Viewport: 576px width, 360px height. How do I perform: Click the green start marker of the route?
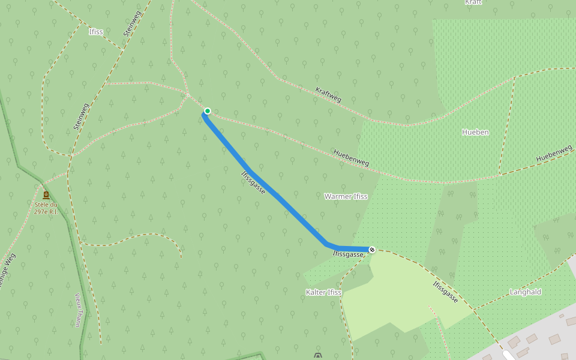[x=208, y=111]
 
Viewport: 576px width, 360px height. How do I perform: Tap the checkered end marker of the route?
[x=372, y=249]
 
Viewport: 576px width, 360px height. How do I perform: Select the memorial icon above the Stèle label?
[x=46, y=195]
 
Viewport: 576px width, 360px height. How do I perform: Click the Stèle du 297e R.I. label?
[x=46, y=208]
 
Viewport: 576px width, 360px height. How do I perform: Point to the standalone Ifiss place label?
[x=96, y=32]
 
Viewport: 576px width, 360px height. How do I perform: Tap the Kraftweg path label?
[x=328, y=95]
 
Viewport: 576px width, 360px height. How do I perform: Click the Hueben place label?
[x=475, y=132]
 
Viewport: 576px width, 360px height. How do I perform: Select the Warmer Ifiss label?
[x=346, y=196]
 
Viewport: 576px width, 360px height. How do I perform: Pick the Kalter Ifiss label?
[x=323, y=292]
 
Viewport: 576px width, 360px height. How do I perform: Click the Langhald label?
[x=525, y=292]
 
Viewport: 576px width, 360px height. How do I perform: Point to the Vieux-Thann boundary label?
[x=78, y=309]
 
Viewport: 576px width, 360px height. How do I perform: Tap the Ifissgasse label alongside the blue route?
[x=253, y=182]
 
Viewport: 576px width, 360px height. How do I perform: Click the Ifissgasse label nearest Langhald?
[x=446, y=291]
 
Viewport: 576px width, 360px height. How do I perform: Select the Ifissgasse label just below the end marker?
[x=348, y=254]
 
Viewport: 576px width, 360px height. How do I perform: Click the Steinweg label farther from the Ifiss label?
[x=80, y=116]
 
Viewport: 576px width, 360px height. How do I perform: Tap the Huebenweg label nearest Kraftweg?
[x=351, y=158]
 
